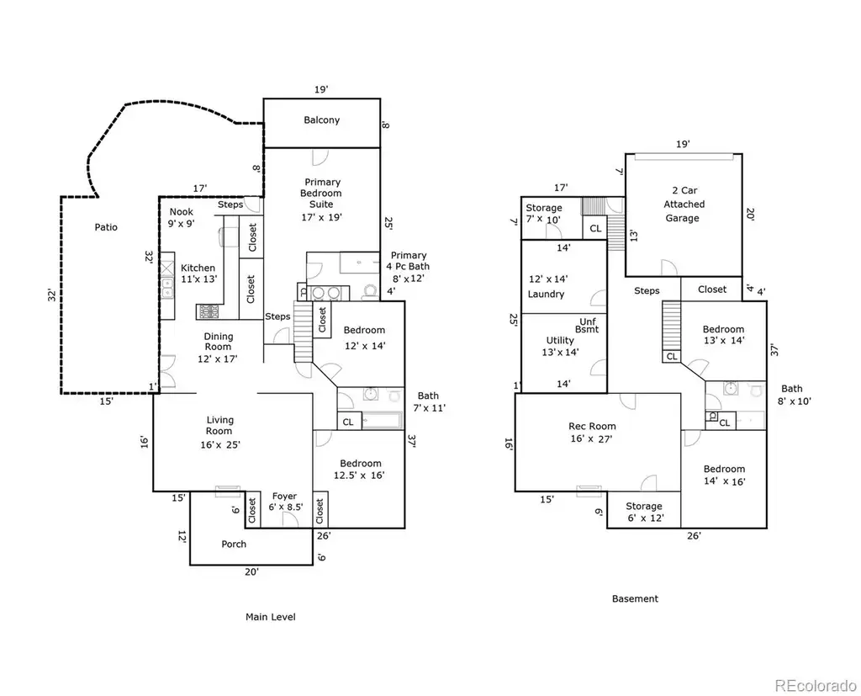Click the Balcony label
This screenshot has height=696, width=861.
(x=322, y=120)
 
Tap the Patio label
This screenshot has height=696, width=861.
(x=106, y=227)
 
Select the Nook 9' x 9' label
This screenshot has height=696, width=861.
(x=182, y=217)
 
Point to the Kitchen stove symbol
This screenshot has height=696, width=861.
(x=209, y=312)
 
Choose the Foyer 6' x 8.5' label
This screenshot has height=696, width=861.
(x=285, y=502)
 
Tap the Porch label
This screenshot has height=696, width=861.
(x=234, y=545)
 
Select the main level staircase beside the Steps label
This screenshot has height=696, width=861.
(x=303, y=332)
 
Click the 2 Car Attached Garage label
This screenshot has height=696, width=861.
(x=684, y=204)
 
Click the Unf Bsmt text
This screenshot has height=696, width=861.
(x=588, y=326)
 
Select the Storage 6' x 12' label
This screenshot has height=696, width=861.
(x=644, y=512)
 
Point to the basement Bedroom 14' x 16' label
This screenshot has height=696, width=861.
(x=724, y=475)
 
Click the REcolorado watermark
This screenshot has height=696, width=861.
(x=816, y=685)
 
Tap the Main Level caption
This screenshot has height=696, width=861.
(x=270, y=617)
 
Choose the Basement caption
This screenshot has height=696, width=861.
(x=635, y=598)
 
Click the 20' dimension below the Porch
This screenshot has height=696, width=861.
(x=251, y=571)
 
